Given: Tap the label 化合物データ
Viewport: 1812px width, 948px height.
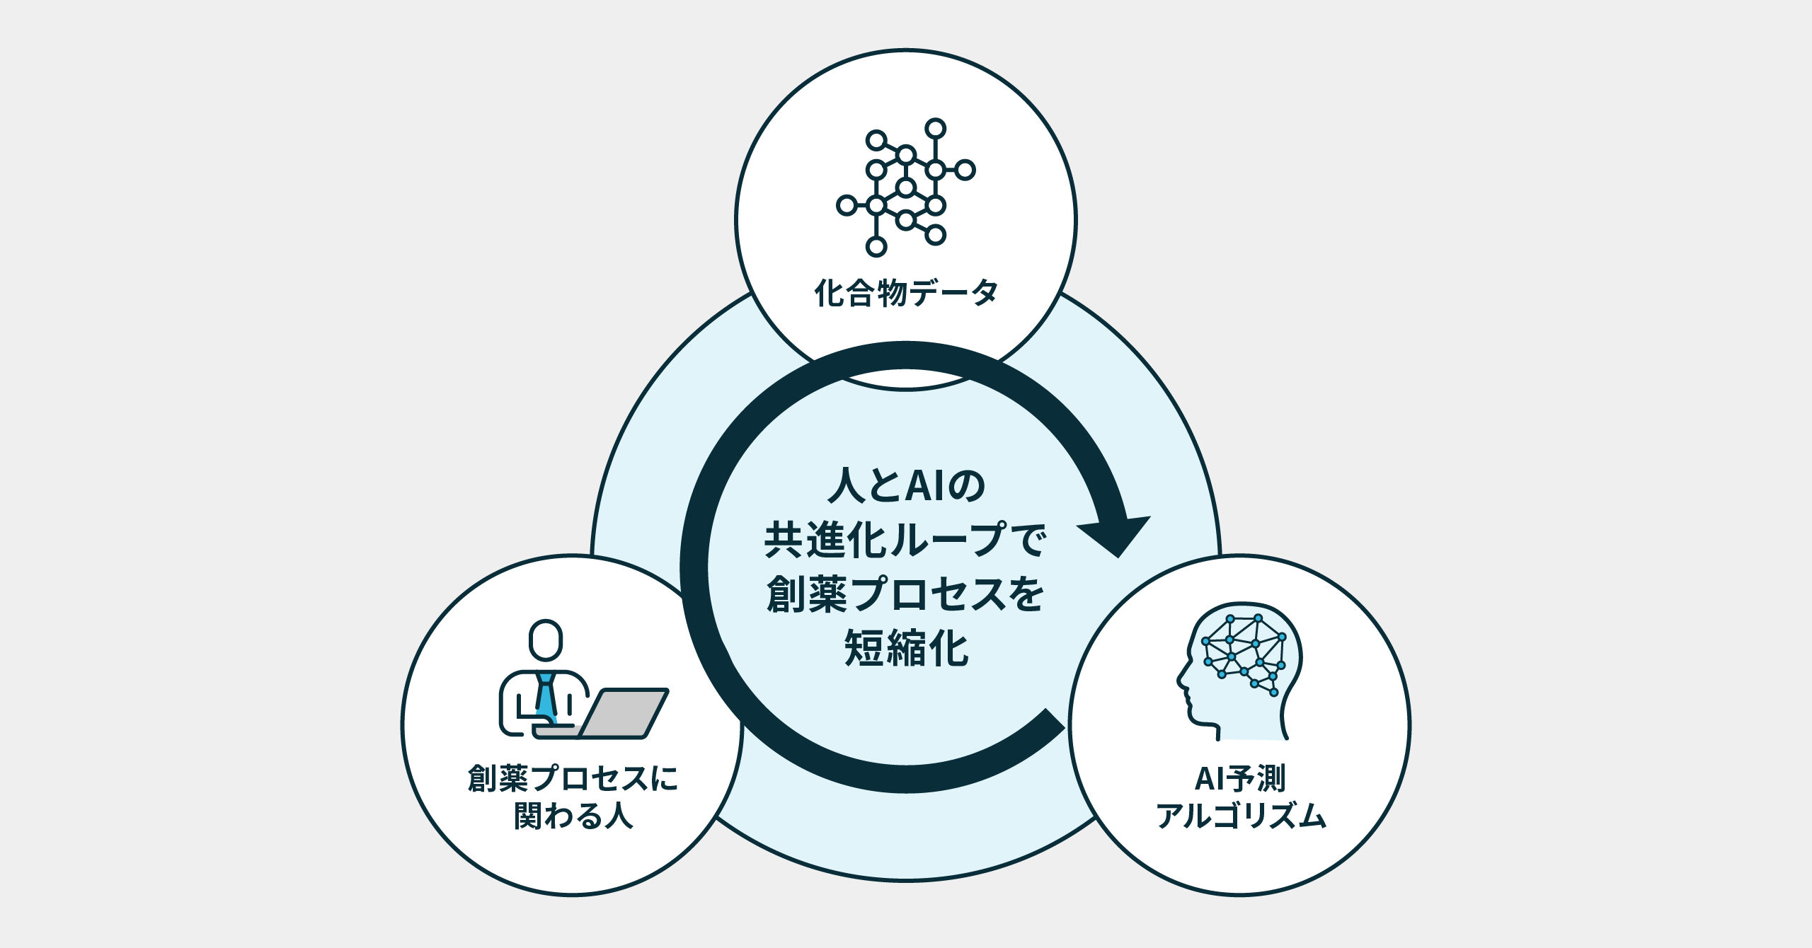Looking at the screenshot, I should click(906, 293).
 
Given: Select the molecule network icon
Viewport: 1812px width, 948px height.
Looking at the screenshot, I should click(906, 187).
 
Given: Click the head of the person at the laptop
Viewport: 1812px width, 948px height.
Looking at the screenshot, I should click(546, 640).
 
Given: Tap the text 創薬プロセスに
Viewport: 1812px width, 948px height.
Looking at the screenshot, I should click(573, 778).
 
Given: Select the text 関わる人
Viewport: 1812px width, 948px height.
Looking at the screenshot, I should click(573, 816).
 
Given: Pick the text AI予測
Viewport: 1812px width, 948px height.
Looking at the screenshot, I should click(1240, 778).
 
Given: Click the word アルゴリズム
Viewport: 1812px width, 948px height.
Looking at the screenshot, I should click(1240, 816).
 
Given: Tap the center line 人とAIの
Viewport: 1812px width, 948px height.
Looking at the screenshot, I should click(906, 485).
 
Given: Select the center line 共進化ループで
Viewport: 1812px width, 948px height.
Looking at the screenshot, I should click(906, 540).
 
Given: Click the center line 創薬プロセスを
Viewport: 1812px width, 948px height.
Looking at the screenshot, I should click(906, 594).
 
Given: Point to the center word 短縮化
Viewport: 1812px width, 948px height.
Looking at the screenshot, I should click(906, 648).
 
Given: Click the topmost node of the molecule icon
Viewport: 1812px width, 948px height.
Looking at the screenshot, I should click(936, 129).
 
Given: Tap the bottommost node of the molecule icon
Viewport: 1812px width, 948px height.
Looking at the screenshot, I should click(876, 246).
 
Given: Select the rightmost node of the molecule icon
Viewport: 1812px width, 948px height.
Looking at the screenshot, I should click(965, 170).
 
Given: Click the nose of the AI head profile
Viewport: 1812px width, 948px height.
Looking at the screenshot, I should click(1181, 681).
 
